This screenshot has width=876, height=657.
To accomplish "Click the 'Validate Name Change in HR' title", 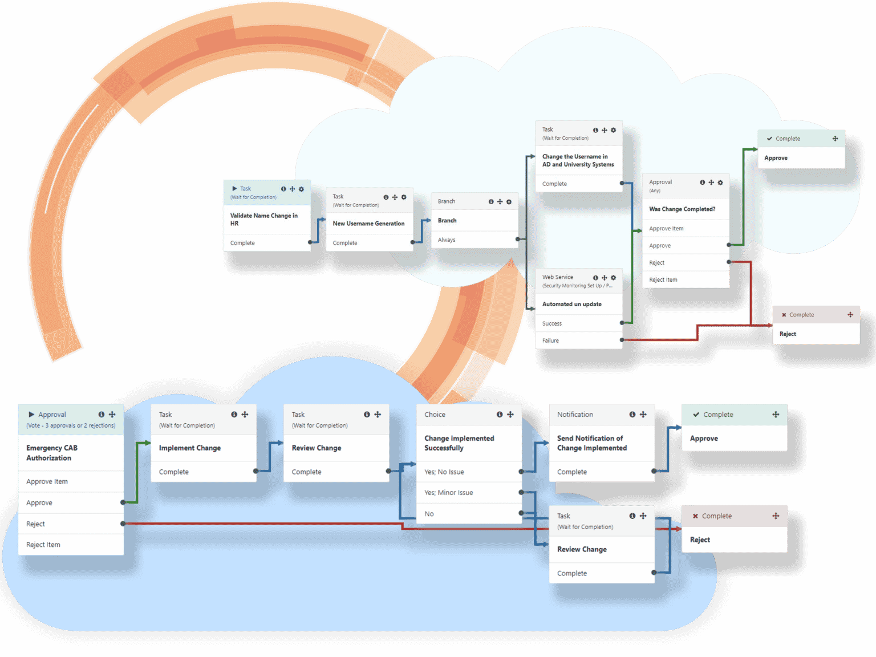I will (263, 220).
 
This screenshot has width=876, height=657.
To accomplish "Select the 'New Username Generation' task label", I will (368, 224).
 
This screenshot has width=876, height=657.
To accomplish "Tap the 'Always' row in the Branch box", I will (447, 240).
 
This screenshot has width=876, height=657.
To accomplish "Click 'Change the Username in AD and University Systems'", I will (578, 160).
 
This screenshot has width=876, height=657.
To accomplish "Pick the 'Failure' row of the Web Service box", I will (550, 340).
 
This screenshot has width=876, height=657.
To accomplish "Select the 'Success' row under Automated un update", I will (551, 323).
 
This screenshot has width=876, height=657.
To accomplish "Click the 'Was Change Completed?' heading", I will (682, 209).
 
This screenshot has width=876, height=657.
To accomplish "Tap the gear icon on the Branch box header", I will (509, 202).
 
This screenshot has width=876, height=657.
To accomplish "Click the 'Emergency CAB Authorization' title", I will (52, 453).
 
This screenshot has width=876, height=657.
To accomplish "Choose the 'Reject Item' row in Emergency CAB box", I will (43, 545).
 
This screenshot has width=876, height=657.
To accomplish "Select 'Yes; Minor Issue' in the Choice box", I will (448, 493).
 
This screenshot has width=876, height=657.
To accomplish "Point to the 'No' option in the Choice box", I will (429, 514).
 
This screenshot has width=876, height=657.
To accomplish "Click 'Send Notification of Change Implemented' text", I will (591, 443).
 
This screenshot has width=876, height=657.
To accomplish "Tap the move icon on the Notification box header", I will (643, 415).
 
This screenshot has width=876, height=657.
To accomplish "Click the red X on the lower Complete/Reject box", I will (695, 516).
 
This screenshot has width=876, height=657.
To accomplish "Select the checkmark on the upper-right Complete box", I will (769, 139).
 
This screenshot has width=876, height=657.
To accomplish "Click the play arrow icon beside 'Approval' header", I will (31, 415).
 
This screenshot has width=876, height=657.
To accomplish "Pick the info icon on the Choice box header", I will (500, 415).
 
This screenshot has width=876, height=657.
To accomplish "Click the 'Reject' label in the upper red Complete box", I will (788, 334).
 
